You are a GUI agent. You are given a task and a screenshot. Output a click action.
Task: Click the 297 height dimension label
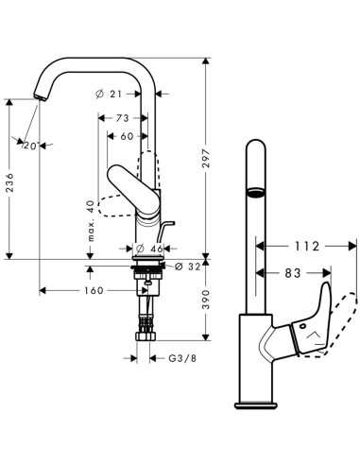pyautogui.click(x=218, y=163)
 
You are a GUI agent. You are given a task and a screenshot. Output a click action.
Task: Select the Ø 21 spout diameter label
pyautogui.click(x=112, y=94)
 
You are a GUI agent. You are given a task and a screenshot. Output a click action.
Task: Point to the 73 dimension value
pyautogui.click(x=123, y=119)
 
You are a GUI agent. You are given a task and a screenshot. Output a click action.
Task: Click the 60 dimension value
pyautogui.click(x=127, y=136)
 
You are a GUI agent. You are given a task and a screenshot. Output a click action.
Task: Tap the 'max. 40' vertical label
pyautogui.click(x=91, y=219)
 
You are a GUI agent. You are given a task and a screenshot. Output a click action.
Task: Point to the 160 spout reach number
pyautogui.click(x=92, y=291)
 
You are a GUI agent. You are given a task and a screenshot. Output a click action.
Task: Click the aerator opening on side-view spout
pyautogui.click(x=252, y=193)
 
